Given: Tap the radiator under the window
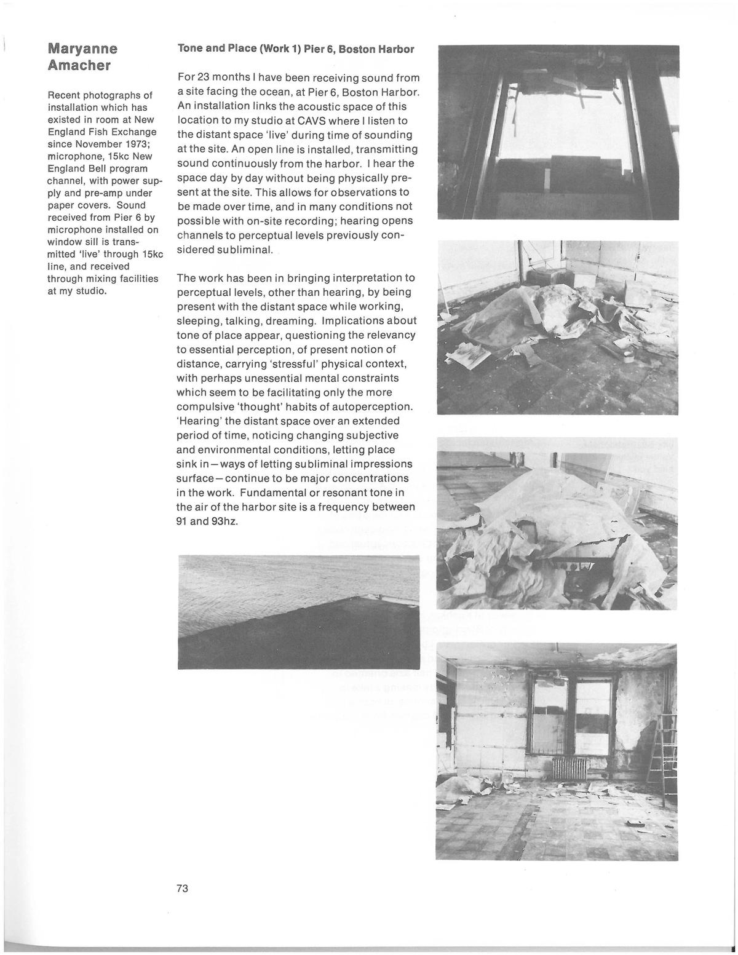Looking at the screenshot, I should [570, 769].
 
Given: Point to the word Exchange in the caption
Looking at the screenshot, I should [134, 132].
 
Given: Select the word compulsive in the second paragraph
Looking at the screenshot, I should [205, 406].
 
